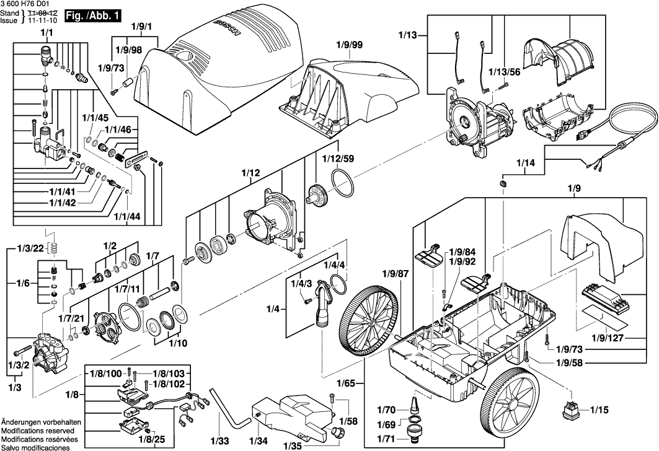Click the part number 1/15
pyautogui.click(x=600, y=409)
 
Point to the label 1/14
pyautogui.click(x=527, y=164)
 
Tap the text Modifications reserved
pyautogui.click(x=38, y=430)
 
